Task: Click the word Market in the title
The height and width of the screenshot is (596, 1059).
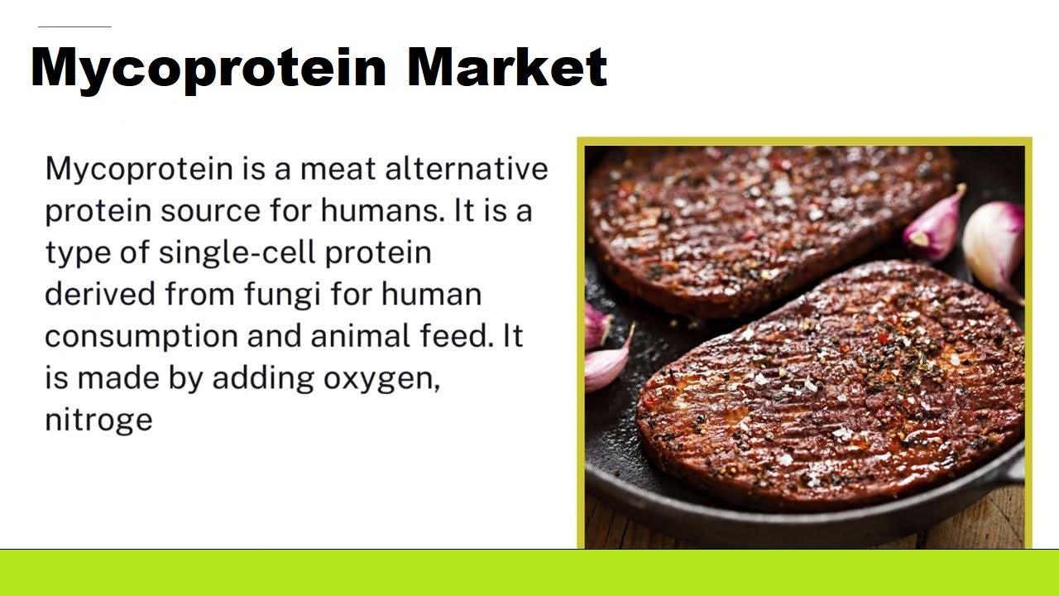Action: coord(506,67)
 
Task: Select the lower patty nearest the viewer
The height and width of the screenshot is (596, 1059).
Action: coord(827,389)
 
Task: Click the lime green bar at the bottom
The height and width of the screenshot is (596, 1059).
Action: coord(529,573)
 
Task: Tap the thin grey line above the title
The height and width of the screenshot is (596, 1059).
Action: coord(74,26)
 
